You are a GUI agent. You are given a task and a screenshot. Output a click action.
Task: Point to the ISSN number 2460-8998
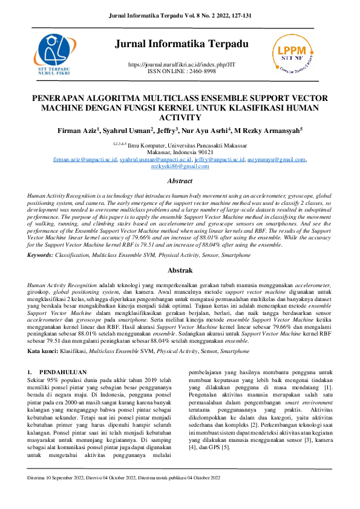202,71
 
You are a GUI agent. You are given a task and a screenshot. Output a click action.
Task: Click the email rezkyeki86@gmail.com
179,167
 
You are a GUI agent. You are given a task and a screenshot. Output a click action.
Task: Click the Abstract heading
180,181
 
